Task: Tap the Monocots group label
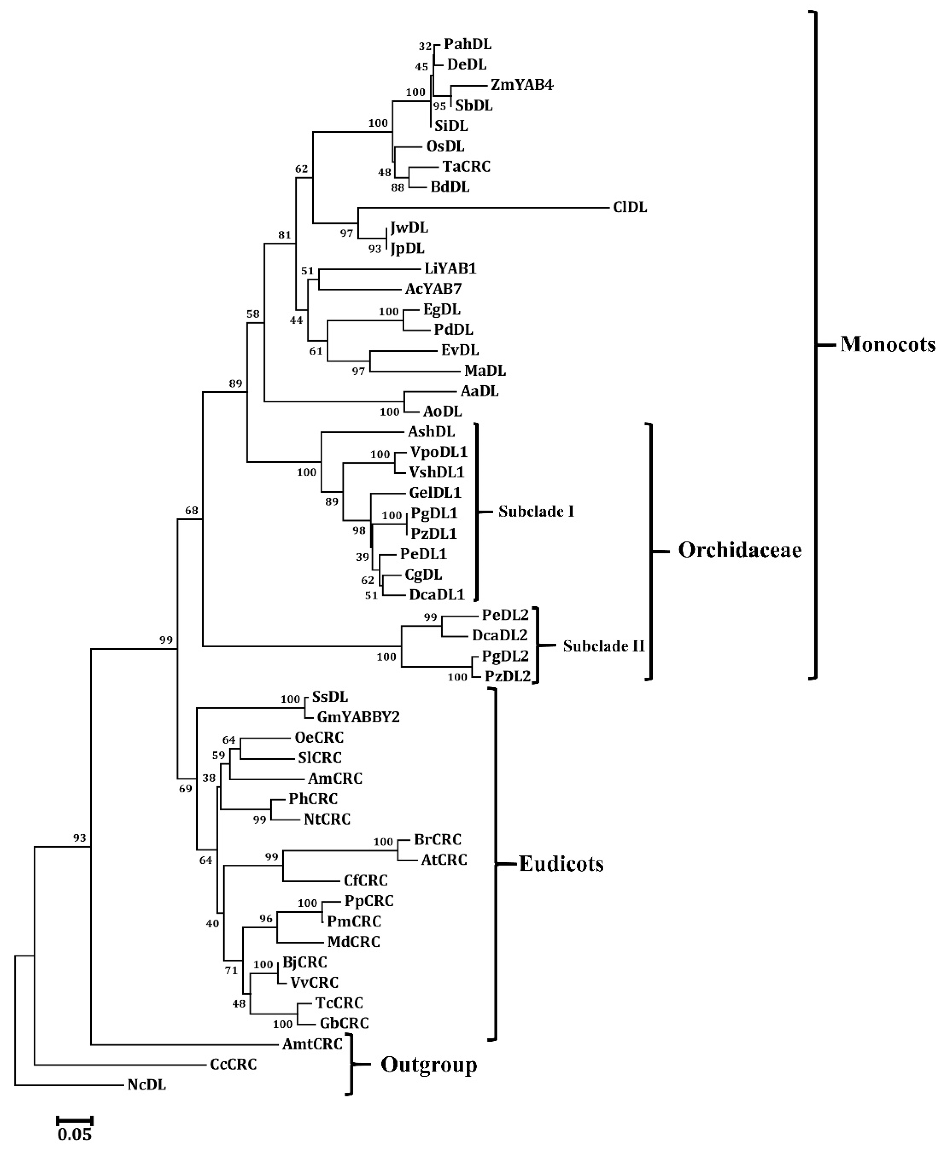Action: pyautogui.click(x=887, y=344)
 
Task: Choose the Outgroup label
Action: pyautogui.click(x=428, y=1065)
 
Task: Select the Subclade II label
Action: pyautogui.click(x=603, y=646)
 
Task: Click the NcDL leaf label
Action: pyautogui.click(x=146, y=1085)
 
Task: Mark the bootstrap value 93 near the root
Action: pyautogui.click(x=80, y=839)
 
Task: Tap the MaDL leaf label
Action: pyautogui.click(x=485, y=371)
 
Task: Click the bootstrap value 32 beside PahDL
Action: pyautogui.click(x=425, y=47)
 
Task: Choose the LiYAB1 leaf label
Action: pyautogui.click(x=450, y=269)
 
